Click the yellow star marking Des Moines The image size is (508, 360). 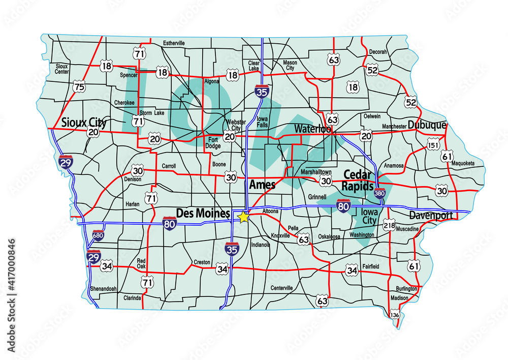tap(243, 217)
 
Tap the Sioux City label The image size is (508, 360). tap(84, 123)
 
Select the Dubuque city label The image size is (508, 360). tap(427, 125)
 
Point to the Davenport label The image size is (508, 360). tap(431, 215)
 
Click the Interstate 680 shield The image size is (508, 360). tap(98, 235)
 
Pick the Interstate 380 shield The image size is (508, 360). tap(379, 193)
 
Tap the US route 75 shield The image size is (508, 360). tap(79, 87)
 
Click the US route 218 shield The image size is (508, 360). tap(389, 225)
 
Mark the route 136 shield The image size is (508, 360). tap(395, 315)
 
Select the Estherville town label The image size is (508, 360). tap(174, 43)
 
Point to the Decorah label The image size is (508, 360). tap(378, 52)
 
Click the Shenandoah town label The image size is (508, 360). tap(104, 289)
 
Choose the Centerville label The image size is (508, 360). tap(282, 288)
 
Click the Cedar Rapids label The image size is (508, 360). tap(358, 180)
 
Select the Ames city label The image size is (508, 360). tap(262, 185)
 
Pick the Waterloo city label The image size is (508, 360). tap(312, 129)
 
